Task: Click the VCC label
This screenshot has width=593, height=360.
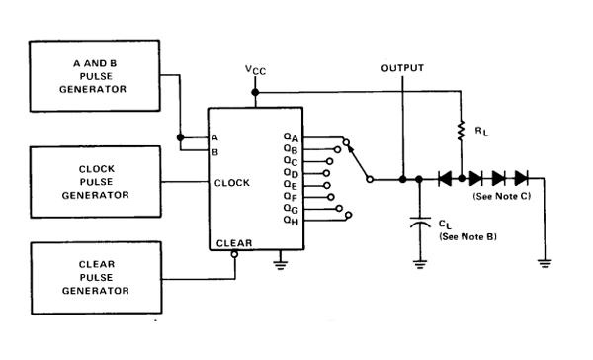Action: (255, 70)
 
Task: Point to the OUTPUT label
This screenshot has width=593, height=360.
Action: (401, 68)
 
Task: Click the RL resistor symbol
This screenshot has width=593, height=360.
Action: (462, 129)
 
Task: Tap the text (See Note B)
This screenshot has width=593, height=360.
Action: (458, 238)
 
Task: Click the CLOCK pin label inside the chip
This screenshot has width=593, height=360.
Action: (231, 182)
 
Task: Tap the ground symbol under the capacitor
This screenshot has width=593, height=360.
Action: (419, 263)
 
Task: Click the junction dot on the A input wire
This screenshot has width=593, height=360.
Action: (179, 137)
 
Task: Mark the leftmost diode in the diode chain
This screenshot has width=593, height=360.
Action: (446, 179)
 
